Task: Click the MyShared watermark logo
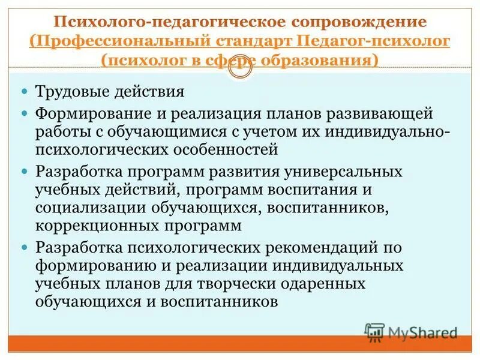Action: coord(411,331)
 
